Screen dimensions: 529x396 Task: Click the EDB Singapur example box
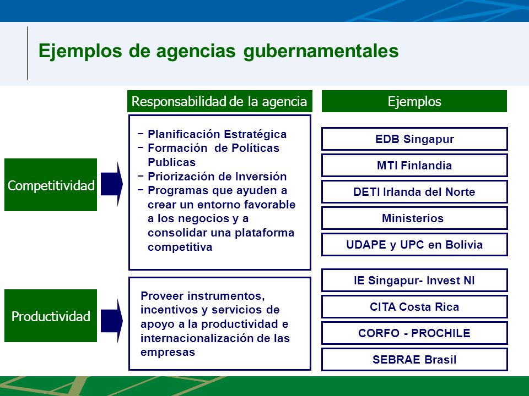(x=414, y=139)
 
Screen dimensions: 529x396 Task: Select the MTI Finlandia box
(x=414, y=166)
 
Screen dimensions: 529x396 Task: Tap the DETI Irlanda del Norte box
(x=414, y=191)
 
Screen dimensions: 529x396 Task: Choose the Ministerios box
(x=414, y=218)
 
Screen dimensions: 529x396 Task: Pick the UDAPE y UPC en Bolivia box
(x=414, y=244)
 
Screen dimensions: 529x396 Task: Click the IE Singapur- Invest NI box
(x=414, y=280)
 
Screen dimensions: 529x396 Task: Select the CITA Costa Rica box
(x=414, y=307)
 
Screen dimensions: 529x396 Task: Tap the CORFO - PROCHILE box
(x=414, y=333)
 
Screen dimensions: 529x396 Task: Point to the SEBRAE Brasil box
(x=414, y=359)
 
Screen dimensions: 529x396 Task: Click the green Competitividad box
(x=51, y=185)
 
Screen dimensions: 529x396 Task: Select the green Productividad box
(x=51, y=316)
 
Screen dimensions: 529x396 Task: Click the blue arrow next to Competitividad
(x=112, y=184)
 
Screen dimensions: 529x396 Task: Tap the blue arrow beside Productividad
(x=112, y=321)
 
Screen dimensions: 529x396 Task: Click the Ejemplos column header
(x=414, y=101)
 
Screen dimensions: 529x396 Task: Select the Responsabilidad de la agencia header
(x=220, y=101)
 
